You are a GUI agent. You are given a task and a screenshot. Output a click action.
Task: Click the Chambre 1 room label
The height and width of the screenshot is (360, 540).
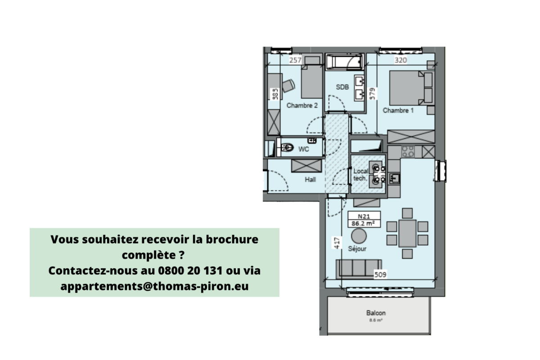pyautogui.click(x=398, y=110)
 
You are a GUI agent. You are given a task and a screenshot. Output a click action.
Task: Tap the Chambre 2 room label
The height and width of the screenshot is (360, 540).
pyautogui.click(x=302, y=106)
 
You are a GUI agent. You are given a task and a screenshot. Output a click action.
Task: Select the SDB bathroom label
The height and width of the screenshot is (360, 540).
pyautogui.click(x=343, y=87)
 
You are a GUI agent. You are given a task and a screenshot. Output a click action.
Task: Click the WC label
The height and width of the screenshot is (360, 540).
pyautogui.click(x=304, y=150)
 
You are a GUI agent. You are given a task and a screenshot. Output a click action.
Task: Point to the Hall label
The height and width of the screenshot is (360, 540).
pyautogui.click(x=310, y=180)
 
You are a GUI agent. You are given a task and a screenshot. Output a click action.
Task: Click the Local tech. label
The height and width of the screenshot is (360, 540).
pyautogui.click(x=360, y=175)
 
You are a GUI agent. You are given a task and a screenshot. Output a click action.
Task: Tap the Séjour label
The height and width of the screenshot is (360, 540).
pyautogui.click(x=357, y=248)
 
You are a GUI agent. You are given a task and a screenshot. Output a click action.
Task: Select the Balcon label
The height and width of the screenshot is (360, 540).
pyautogui.click(x=376, y=313)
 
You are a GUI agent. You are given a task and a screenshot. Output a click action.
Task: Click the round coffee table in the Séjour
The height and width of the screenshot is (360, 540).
pyautogui.click(x=359, y=236)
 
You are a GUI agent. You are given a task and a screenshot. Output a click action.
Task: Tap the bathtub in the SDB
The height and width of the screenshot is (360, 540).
pyautogui.click(x=344, y=62)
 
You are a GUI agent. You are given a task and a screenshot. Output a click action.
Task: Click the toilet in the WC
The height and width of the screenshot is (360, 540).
pyautogui.click(x=287, y=147)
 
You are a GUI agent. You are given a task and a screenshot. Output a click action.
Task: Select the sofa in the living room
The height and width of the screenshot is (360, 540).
pyautogui.click(x=359, y=268)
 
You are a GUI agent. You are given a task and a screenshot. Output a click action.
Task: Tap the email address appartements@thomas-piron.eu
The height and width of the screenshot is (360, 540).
pyautogui.click(x=154, y=286)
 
